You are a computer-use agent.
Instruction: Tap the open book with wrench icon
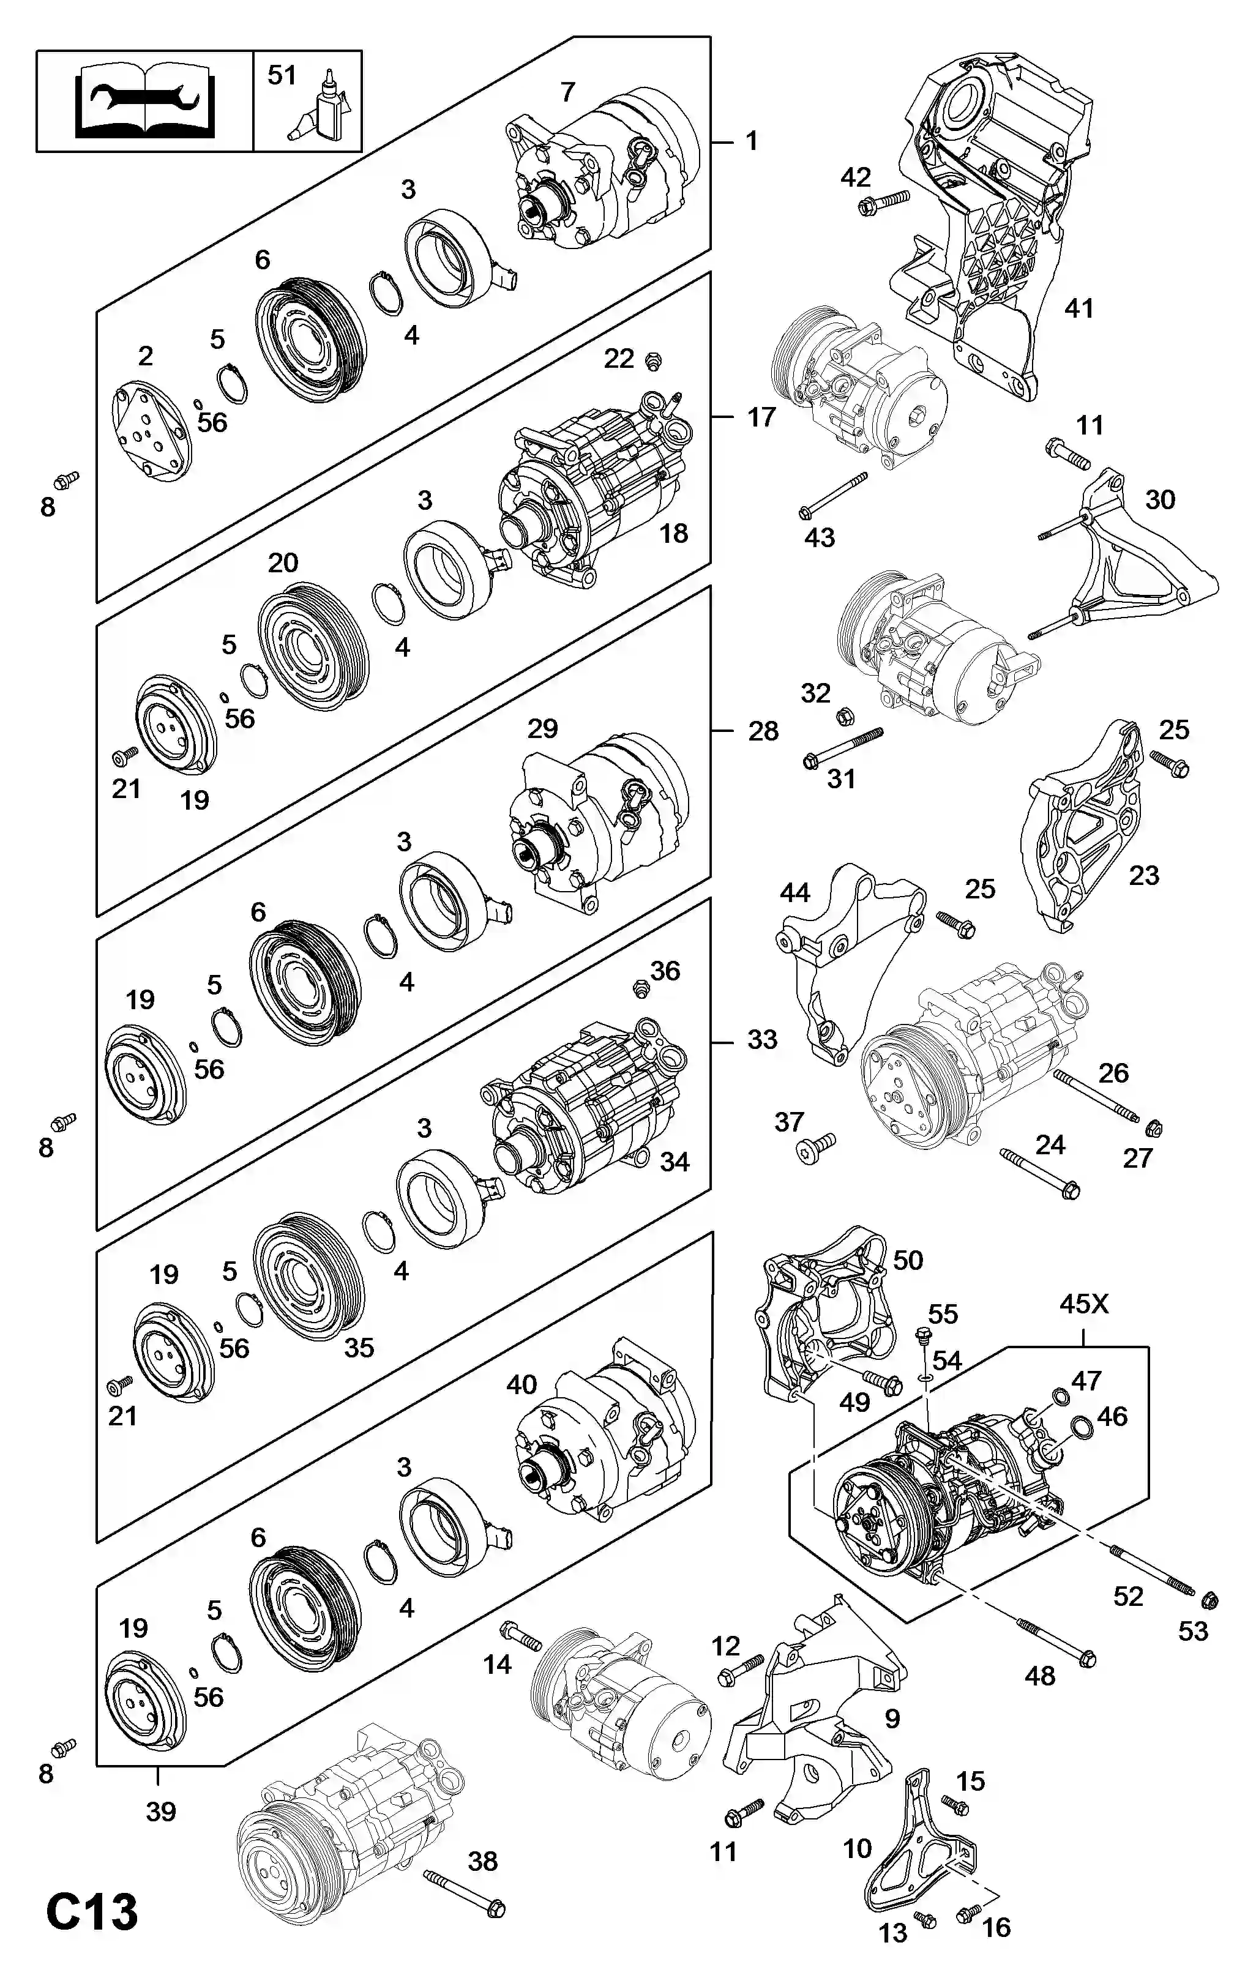[144, 102]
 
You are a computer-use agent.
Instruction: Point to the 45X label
[1083, 1304]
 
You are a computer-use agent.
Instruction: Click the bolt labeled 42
[883, 201]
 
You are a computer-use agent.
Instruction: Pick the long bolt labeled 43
[833, 495]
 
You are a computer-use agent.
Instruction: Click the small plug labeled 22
[654, 360]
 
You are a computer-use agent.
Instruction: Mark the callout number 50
[908, 1260]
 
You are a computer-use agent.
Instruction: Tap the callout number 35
[359, 1347]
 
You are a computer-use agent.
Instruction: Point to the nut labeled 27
[1153, 1128]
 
